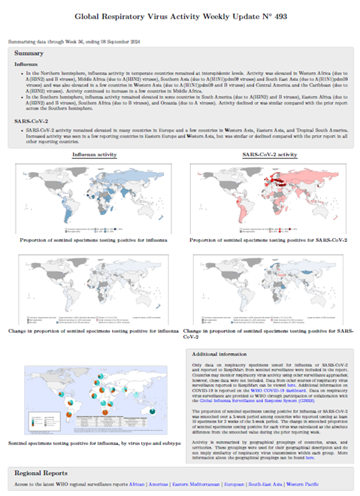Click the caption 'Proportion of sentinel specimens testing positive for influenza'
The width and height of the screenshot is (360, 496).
pyautogui.click(x=93, y=240)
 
